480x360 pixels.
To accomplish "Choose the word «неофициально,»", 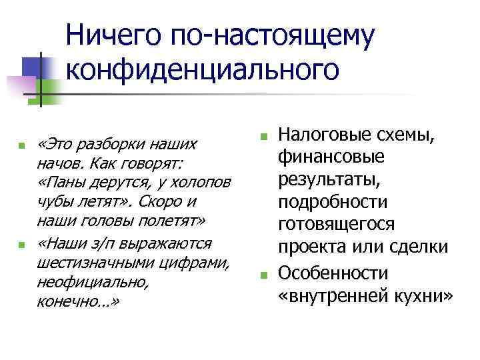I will click(83, 283).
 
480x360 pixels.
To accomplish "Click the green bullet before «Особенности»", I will click(263, 273).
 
